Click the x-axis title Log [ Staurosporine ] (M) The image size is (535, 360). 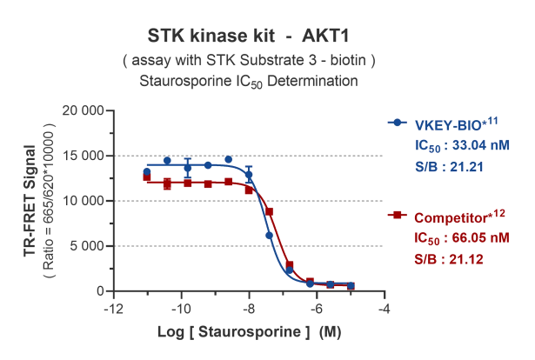tap(247, 332)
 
